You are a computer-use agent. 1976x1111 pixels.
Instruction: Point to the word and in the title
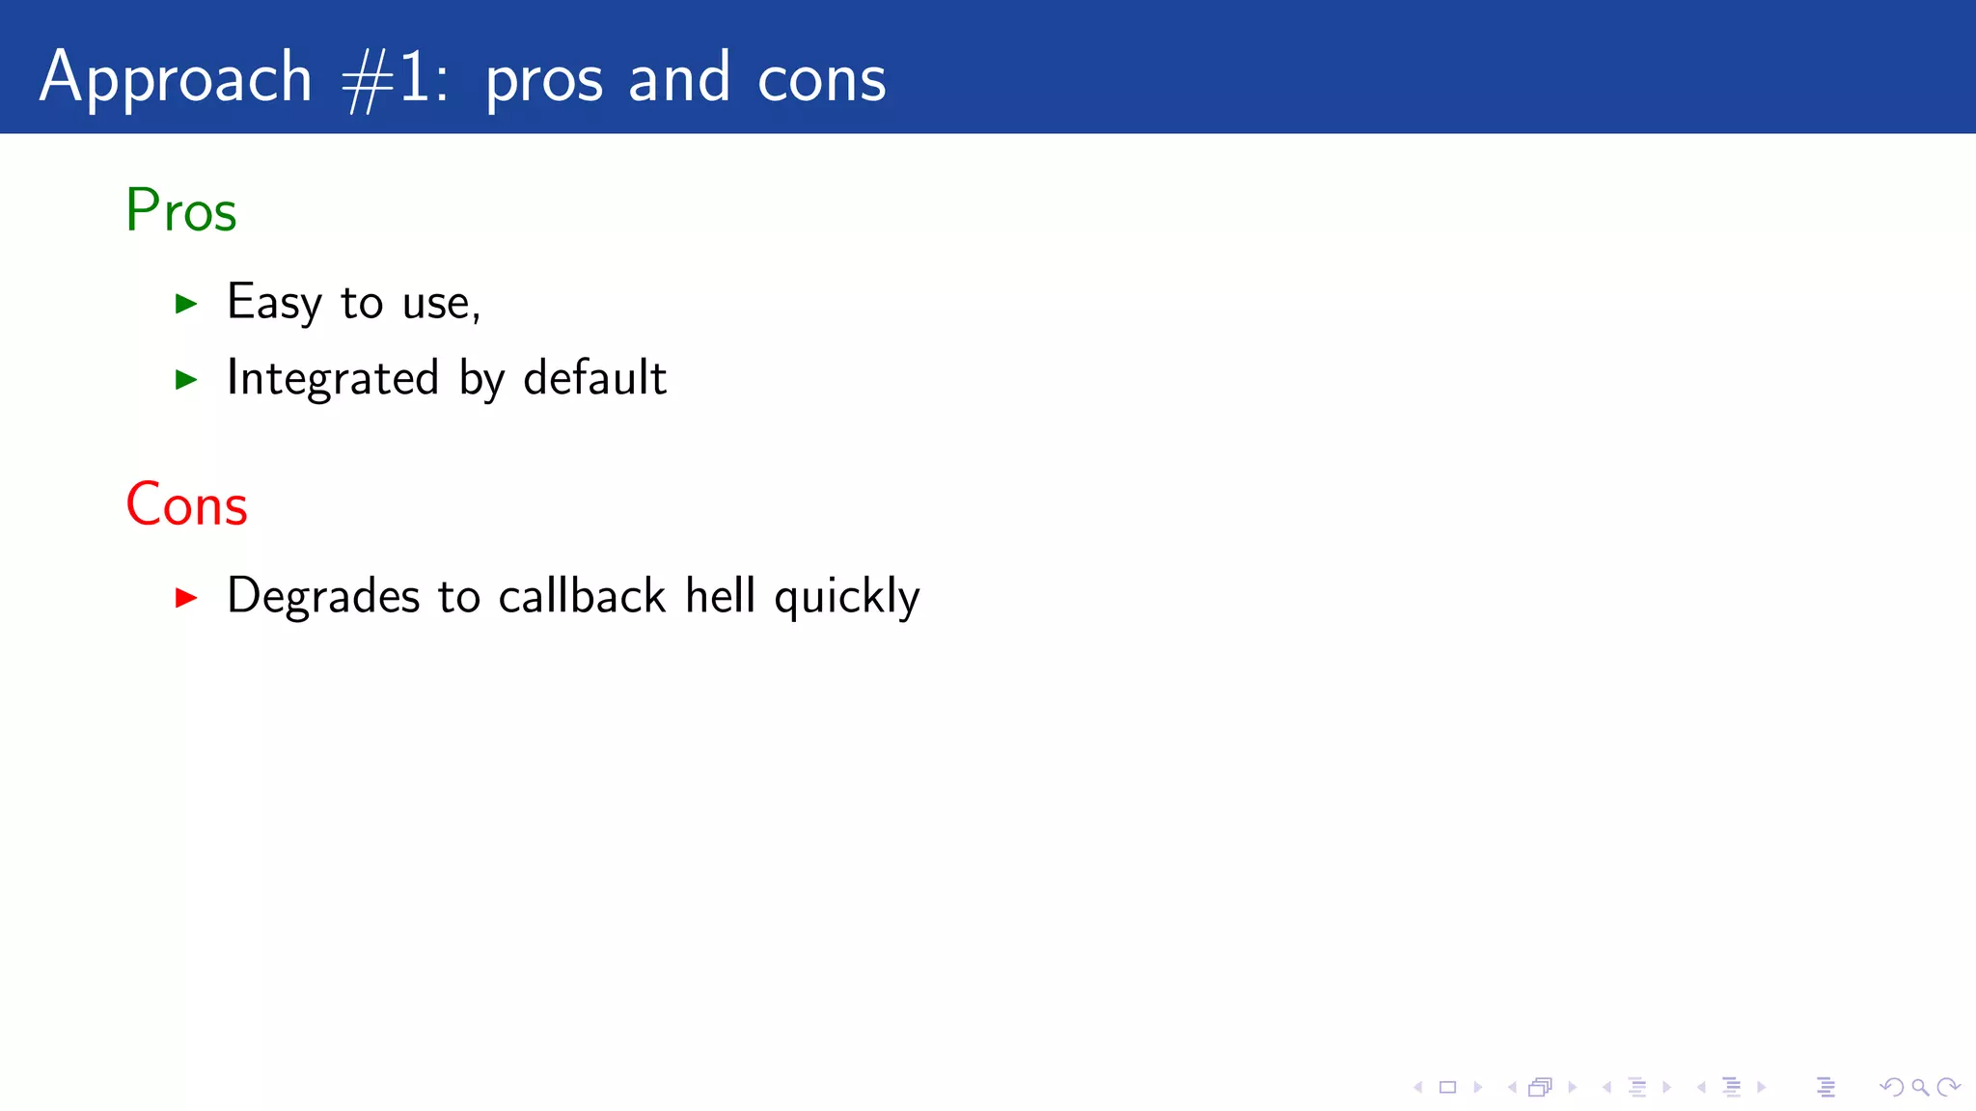point(679,78)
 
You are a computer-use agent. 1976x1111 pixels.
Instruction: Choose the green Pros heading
point(181,210)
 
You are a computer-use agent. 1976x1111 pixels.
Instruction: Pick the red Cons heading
point(187,504)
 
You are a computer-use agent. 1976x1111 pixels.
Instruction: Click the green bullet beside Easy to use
point(186,305)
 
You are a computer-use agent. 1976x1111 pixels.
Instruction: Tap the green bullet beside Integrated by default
point(186,380)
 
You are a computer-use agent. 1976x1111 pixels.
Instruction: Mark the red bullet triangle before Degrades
point(186,598)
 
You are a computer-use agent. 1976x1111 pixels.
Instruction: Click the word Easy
point(274,303)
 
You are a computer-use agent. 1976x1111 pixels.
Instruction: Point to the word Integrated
point(333,378)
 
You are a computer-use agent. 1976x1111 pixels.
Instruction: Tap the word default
point(594,377)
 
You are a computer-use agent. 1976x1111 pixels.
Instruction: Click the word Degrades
point(323,596)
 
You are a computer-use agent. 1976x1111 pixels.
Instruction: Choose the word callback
point(582,595)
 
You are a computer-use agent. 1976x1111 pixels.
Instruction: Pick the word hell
point(720,595)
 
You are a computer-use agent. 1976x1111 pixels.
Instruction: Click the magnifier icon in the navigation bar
point(1920,1088)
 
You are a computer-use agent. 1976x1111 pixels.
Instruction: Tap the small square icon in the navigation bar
point(1447,1088)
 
